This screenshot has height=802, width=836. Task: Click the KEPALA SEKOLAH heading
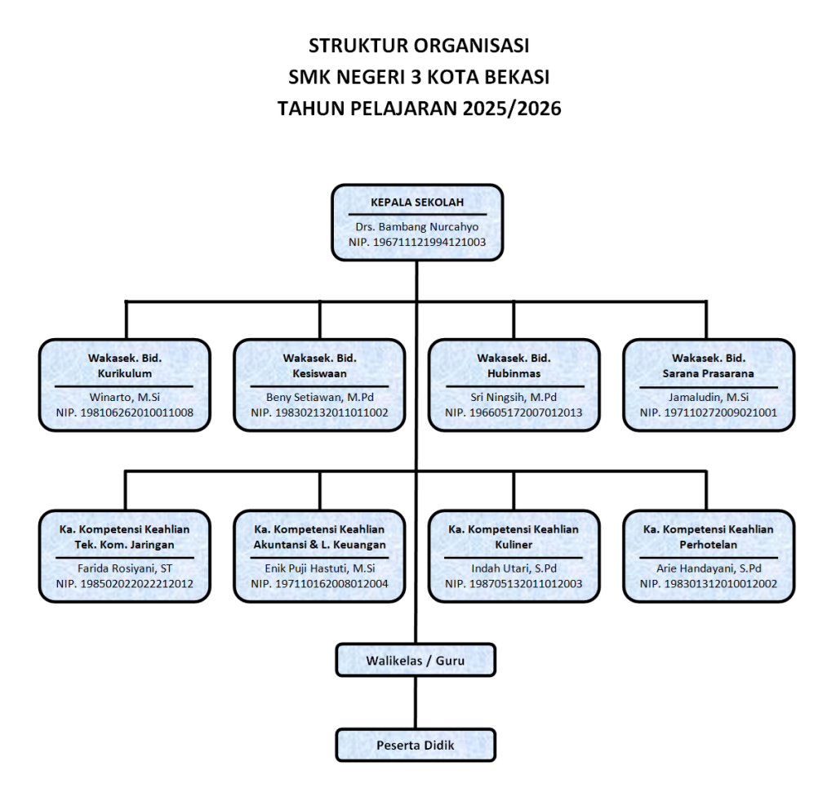(x=416, y=203)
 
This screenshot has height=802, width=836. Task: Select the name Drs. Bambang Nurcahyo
(x=416, y=227)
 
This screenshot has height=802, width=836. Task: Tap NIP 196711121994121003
(x=416, y=243)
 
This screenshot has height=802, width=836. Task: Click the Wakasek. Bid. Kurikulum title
(x=125, y=366)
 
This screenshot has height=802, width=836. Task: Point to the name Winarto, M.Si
(x=125, y=397)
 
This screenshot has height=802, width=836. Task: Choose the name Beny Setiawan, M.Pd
(x=319, y=397)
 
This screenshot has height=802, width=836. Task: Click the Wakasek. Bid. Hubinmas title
(x=514, y=366)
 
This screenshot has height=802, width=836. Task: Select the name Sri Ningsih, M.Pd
(x=514, y=397)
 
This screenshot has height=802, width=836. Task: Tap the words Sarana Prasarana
(x=708, y=373)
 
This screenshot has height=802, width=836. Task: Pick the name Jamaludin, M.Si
(x=708, y=397)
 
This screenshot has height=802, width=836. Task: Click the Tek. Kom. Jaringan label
(x=125, y=545)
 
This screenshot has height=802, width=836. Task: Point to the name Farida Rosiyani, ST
(x=125, y=568)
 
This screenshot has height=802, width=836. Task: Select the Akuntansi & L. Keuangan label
(x=319, y=545)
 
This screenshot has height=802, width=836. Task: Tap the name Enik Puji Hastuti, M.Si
(x=319, y=568)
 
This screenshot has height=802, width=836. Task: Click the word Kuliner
(x=514, y=545)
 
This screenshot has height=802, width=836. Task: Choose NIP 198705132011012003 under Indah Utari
(x=514, y=584)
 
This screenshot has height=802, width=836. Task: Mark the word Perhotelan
(x=708, y=545)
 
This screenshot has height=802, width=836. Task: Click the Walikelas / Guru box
(x=416, y=660)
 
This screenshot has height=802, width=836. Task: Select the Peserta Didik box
(x=416, y=745)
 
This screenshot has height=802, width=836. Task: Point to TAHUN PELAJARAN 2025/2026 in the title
(x=419, y=108)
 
